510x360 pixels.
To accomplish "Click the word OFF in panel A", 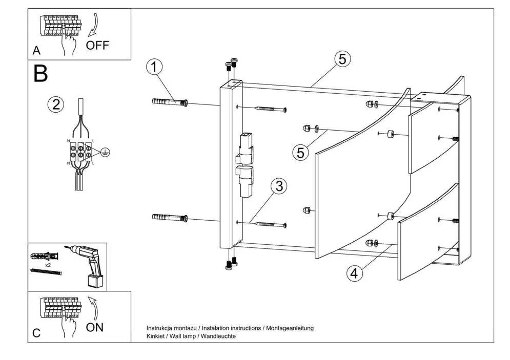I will (x=97, y=45).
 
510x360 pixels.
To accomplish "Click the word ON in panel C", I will (x=94, y=328).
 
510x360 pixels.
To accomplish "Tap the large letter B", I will (x=40, y=74).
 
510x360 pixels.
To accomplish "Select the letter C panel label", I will (x=36, y=333).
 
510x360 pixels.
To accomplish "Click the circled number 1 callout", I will (x=154, y=67).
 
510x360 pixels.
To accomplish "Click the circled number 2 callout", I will (x=55, y=104).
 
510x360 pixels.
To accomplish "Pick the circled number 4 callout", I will (x=353, y=273).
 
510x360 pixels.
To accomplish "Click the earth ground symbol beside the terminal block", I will (x=105, y=152).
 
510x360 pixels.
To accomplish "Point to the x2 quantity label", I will (x=48, y=266).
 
